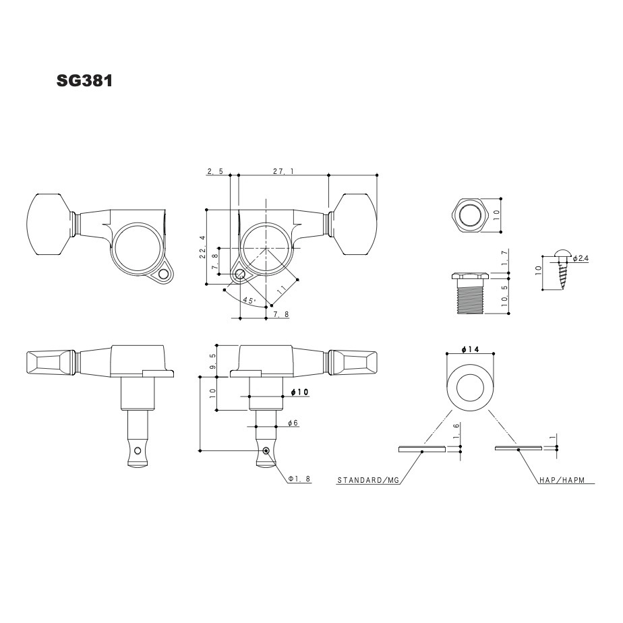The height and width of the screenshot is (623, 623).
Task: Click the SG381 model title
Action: coord(84,82)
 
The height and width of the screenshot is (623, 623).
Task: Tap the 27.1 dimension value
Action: coord(283,172)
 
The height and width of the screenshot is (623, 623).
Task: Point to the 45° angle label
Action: coord(249,301)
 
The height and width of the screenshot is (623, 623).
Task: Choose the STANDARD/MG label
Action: coord(368,481)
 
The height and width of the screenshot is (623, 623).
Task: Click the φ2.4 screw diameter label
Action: coord(581,258)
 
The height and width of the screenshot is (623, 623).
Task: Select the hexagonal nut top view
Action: coord(470,216)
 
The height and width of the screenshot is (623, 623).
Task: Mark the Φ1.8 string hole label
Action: coord(299,479)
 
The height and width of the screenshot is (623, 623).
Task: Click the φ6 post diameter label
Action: coord(293,423)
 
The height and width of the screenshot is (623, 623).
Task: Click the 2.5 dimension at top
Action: coord(216,172)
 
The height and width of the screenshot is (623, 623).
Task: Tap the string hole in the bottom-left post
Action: coord(138,450)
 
